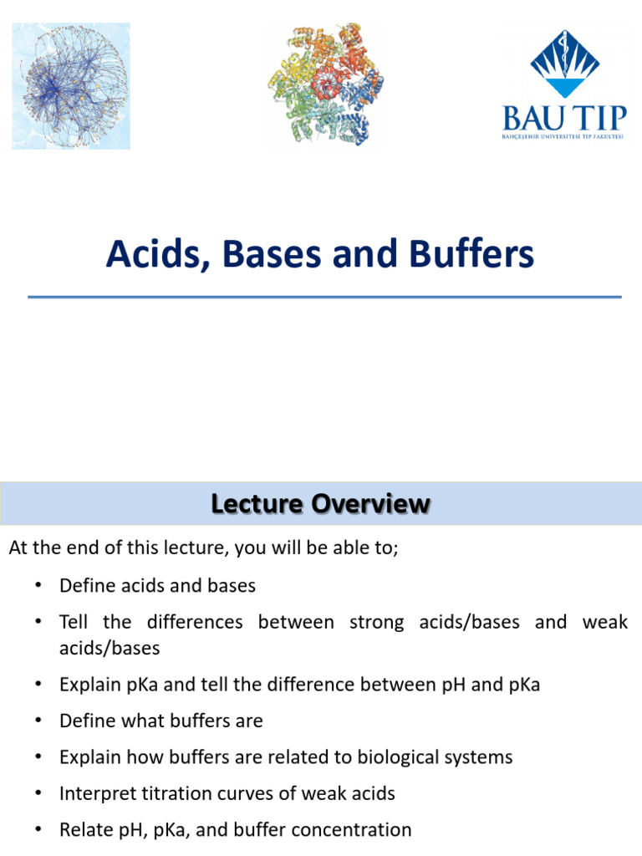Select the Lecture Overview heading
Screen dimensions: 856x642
(x=321, y=504)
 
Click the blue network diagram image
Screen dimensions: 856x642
(x=71, y=86)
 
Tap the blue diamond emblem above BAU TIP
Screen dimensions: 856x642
(x=565, y=60)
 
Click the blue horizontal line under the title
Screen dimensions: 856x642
(x=324, y=297)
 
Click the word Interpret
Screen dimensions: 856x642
(x=94, y=793)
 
